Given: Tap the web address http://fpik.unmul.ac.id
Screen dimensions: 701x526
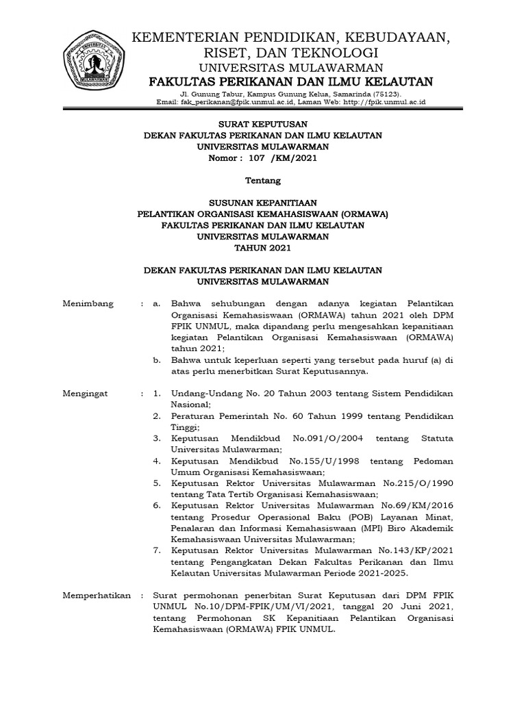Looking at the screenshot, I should tap(384, 101).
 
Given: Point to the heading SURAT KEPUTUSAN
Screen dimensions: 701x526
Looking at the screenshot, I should tap(262, 124).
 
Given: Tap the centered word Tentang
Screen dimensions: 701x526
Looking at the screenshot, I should tap(262, 181).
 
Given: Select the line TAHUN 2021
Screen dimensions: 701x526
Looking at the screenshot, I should tap(262, 248).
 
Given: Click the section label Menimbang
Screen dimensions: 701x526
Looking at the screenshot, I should tap(88, 303).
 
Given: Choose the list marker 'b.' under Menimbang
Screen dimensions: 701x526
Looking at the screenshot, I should tap(157, 359).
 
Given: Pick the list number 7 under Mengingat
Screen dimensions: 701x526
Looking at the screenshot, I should tap(157, 550).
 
